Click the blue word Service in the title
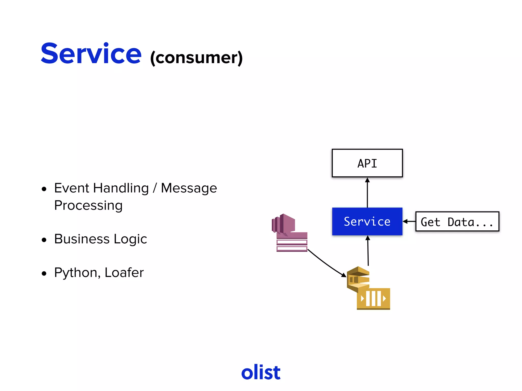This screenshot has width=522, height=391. (x=91, y=54)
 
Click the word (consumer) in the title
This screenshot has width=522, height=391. (x=196, y=58)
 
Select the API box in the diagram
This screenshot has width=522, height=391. (x=367, y=163)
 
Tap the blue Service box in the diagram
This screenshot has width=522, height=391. (x=367, y=221)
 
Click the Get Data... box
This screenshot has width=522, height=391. (x=457, y=222)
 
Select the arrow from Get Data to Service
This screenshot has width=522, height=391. (x=409, y=221)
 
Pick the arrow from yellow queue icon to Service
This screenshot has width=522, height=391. (x=368, y=251)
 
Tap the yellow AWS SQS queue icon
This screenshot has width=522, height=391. (x=368, y=288)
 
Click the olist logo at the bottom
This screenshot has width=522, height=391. (x=261, y=372)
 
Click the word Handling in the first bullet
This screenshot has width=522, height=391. (x=121, y=188)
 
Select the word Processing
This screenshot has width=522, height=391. (x=88, y=205)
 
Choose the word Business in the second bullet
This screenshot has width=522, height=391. (x=82, y=239)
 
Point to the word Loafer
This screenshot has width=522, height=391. (x=124, y=273)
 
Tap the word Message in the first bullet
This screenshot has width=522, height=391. (x=189, y=188)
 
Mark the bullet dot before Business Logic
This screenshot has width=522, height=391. (x=44, y=240)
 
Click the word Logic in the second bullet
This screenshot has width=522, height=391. (x=130, y=239)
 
